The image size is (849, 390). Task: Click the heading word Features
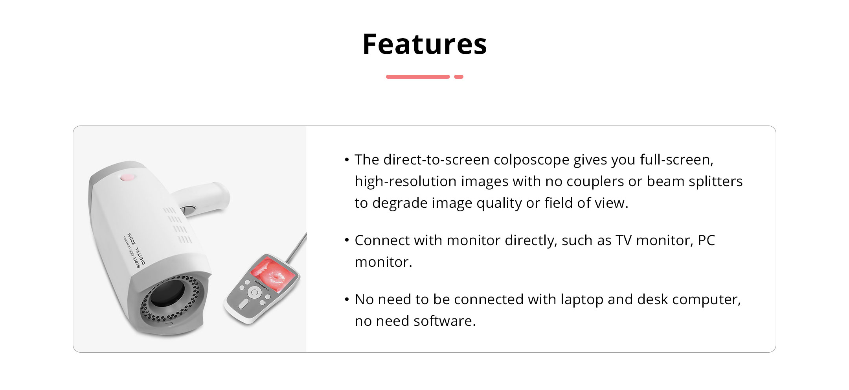click(x=424, y=44)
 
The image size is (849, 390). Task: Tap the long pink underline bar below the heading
click(x=418, y=77)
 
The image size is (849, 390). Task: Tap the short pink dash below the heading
click(x=459, y=77)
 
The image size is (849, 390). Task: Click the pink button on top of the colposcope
click(x=127, y=177)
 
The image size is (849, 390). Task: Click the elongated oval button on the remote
click(x=244, y=303)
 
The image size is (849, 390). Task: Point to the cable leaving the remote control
click(x=296, y=248)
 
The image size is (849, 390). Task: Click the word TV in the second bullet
click(x=624, y=240)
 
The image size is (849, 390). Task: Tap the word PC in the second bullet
click(x=706, y=240)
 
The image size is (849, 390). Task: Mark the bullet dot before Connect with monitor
click(x=346, y=240)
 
